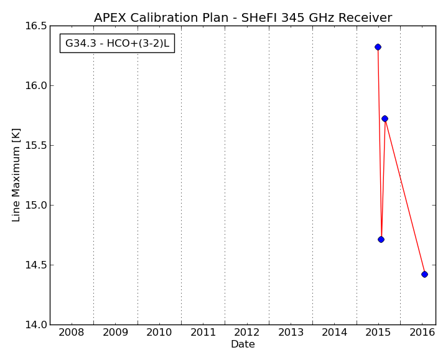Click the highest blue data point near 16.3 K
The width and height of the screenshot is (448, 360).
coord(378,47)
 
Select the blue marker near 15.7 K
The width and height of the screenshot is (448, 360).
coord(385,119)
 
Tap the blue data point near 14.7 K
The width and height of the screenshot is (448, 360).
coord(381,239)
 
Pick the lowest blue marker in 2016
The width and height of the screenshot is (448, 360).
coord(424,274)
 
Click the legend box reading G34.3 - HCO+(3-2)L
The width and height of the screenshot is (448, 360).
coord(117,44)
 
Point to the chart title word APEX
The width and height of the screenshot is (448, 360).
coord(110,17)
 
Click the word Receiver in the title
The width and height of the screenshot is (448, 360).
coord(365,17)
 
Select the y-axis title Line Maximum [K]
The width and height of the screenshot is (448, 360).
coord(16,175)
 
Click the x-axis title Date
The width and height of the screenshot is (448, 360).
coord(243,344)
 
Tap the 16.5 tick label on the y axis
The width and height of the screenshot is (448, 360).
coord(35,26)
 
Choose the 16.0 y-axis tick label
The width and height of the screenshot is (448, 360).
coord(35,85)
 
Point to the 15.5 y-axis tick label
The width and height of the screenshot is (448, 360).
coord(35,145)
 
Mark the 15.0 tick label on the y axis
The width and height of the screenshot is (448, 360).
coord(35,205)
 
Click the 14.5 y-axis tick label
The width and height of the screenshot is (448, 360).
coord(35,265)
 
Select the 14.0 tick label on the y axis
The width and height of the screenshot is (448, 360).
coord(35,324)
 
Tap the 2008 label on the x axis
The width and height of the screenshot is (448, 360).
coord(72,332)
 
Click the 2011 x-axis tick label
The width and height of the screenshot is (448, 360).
coord(203,332)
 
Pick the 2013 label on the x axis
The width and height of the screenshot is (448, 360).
coord(291,332)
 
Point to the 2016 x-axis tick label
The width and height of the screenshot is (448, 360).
coord(422,332)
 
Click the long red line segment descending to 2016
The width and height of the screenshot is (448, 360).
coord(404,196)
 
